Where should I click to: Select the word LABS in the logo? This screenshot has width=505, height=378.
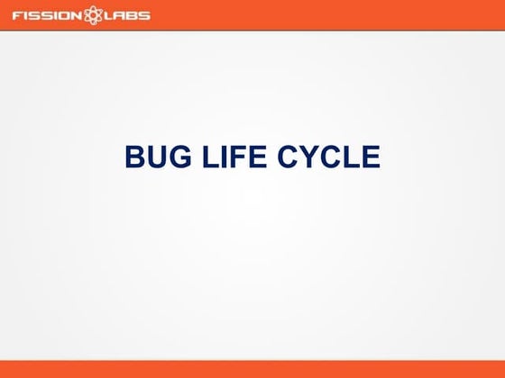point(127,15)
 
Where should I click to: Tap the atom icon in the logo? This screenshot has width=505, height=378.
point(91,15)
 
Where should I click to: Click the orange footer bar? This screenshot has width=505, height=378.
point(252,369)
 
